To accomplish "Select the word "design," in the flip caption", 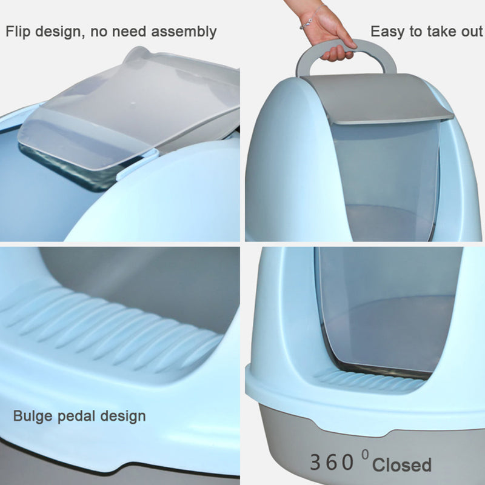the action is [60, 32].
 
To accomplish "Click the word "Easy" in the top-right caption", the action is [387, 32].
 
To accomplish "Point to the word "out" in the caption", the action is [472, 32].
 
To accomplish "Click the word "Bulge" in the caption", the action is [33, 416].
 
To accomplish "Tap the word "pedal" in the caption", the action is [76, 416].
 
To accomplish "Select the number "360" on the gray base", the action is [331, 463].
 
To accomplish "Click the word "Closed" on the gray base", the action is [401, 464].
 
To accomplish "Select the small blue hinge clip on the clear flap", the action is [135, 165].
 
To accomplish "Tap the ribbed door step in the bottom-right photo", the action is [371, 380].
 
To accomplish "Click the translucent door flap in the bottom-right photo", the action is [387, 309].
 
